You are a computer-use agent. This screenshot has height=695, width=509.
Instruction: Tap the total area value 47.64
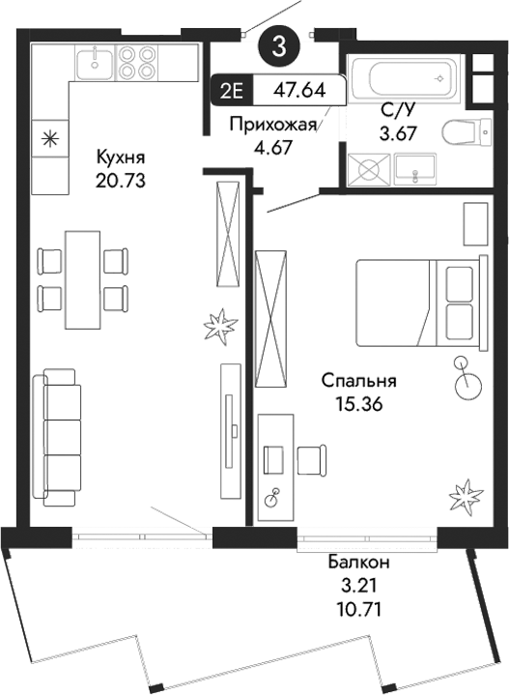[x=298, y=93]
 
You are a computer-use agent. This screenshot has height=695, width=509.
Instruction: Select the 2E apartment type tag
[x=232, y=93]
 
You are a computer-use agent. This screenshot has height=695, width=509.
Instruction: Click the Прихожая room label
[x=272, y=125]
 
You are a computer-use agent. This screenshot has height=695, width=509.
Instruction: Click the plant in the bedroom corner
[x=464, y=497]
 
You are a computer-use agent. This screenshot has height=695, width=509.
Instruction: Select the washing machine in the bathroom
[x=368, y=170]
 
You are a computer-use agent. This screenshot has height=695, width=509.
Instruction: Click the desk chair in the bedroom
[x=310, y=460]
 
